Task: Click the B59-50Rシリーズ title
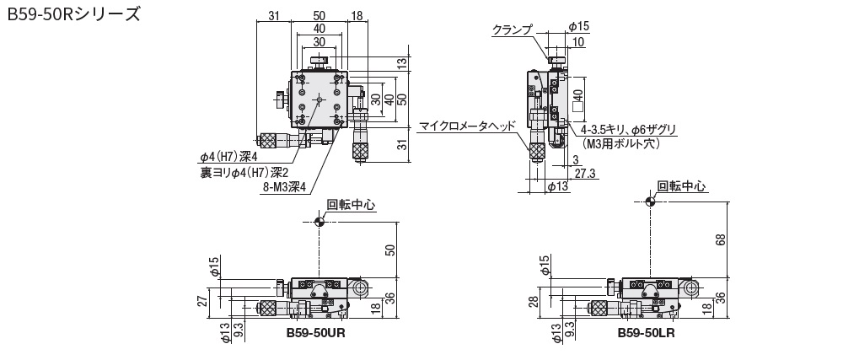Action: (73, 14)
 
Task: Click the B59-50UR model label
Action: (315, 332)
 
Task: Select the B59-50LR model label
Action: (647, 332)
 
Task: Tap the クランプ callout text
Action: (513, 30)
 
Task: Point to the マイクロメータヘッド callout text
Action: (467, 126)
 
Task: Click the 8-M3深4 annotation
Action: (283, 187)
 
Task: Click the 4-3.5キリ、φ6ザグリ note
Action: (629, 130)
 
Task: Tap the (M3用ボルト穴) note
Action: (621, 143)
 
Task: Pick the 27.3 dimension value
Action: (584, 173)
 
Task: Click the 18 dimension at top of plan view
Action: (357, 16)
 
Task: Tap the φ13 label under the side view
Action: (557, 186)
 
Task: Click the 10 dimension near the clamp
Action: (579, 43)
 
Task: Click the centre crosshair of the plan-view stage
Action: (319, 99)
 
